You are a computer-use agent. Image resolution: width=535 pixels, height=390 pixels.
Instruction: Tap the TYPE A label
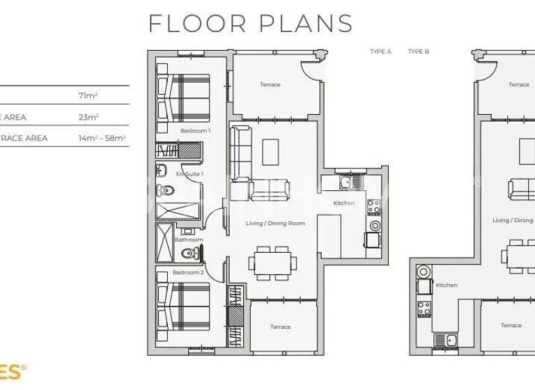click(x=380, y=52)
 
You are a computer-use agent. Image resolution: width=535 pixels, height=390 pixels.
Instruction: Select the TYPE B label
click(x=419, y=52)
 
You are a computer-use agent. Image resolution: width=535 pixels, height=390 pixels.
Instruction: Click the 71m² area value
click(x=88, y=95)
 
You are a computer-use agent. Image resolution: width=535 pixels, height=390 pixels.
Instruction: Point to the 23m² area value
click(x=88, y=117)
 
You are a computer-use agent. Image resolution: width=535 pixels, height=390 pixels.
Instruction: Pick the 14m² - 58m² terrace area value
click(x=102, y=138)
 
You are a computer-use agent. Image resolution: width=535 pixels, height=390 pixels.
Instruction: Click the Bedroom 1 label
click(x=195, y=130)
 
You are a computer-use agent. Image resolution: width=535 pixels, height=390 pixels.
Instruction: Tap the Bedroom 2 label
click(x=188, y=272)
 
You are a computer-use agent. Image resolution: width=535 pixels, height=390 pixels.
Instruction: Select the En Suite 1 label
click(x=189, y=173)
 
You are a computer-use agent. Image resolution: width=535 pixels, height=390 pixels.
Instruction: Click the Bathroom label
click(x=189, y=240)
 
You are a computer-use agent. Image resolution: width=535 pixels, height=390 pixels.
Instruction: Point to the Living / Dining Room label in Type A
click(x=276, y=224)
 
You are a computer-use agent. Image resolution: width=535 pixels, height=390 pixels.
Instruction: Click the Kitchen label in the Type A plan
click(x=344, y=203)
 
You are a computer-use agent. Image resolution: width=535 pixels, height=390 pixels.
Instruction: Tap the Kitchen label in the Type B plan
click(x=447, y=286)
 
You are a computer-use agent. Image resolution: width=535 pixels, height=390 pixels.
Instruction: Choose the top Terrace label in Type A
click(x=270, y=85)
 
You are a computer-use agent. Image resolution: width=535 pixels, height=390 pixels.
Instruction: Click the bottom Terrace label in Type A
click(x=280, y=327)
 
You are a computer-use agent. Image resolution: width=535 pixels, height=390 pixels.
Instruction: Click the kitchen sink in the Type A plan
click(x=345, y=182)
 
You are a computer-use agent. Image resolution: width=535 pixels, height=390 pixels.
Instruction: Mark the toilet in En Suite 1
click(x=165, y=189)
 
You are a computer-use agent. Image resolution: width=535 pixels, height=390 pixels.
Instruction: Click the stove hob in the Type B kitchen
click(x=423, y=307)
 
